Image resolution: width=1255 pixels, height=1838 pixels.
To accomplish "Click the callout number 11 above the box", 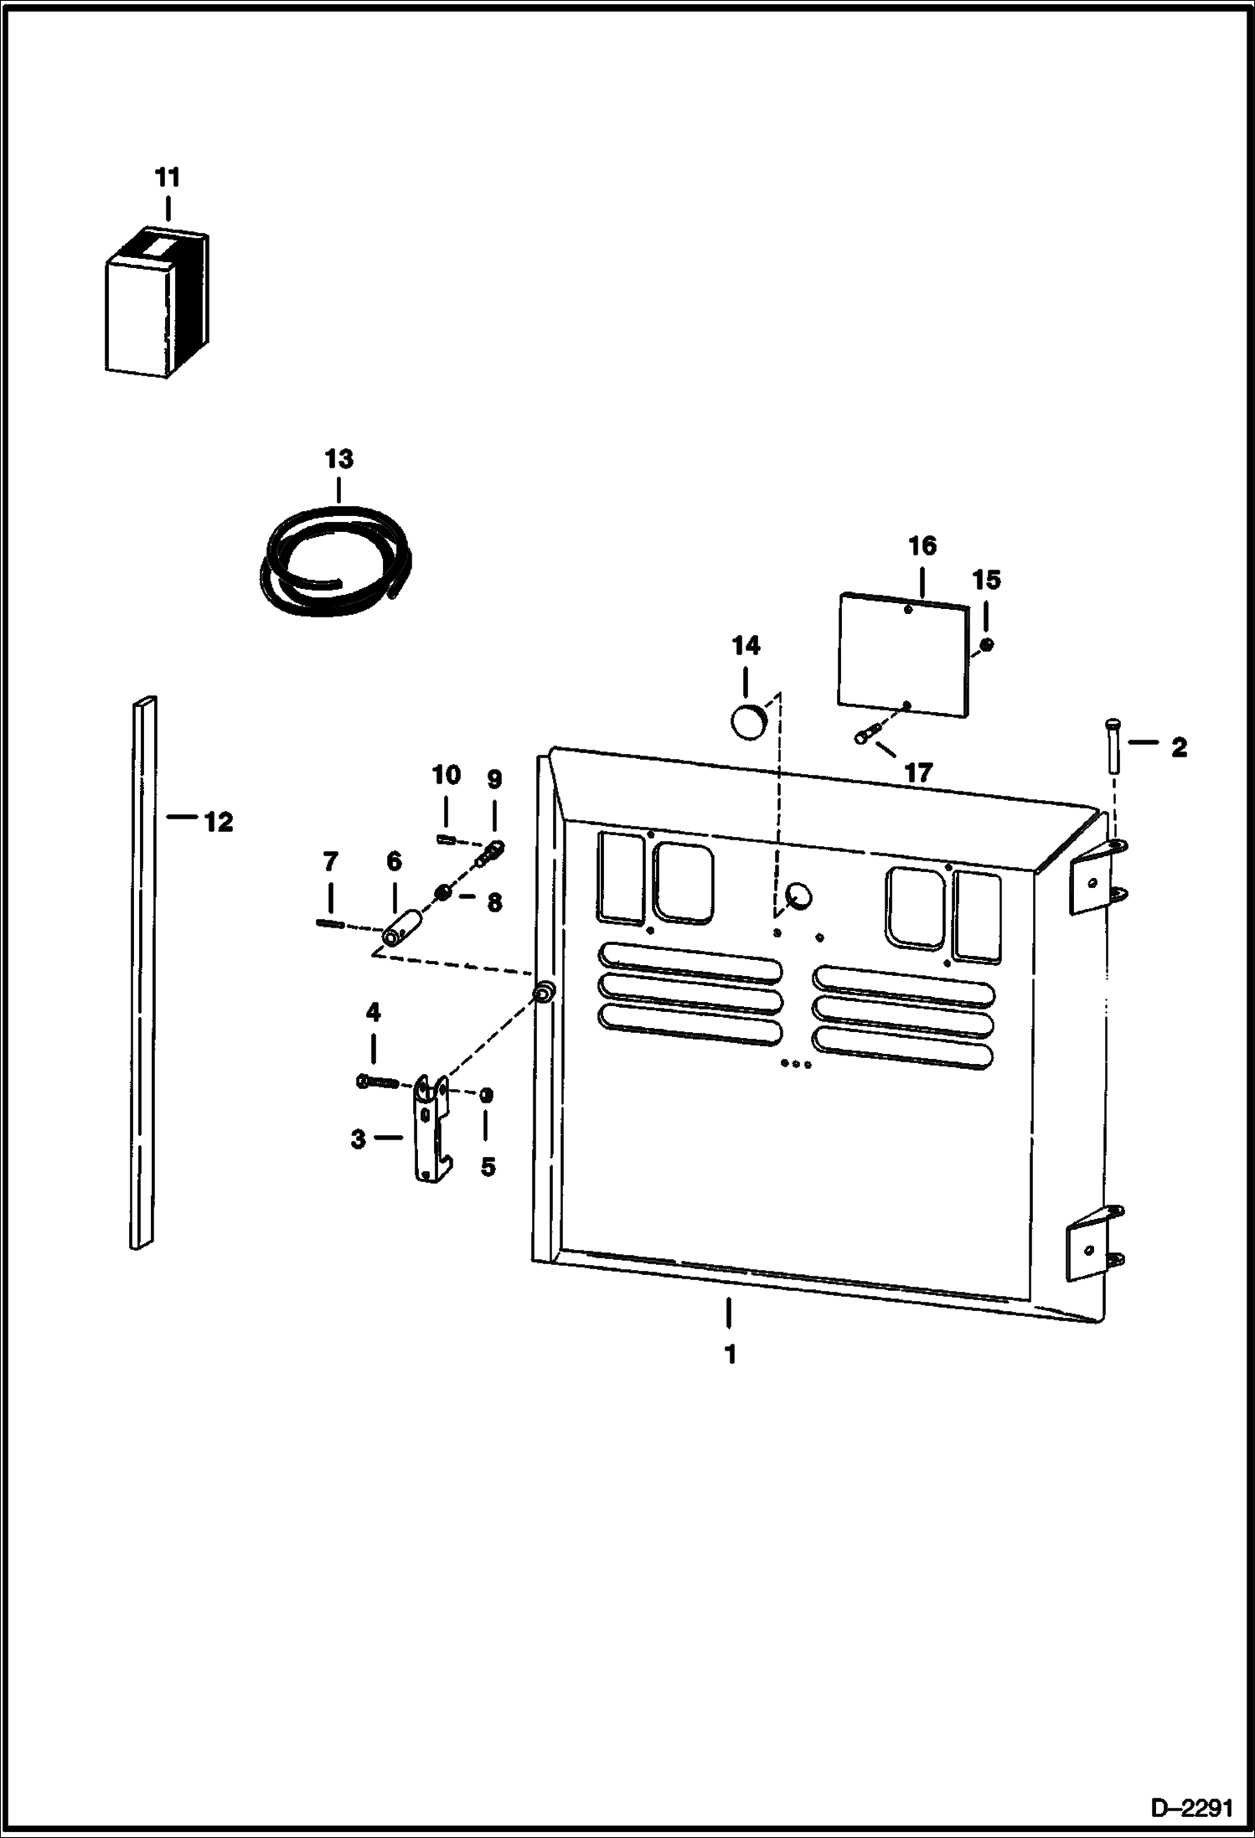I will coord(168,178).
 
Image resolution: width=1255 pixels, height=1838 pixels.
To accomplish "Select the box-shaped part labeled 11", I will coord(155,306).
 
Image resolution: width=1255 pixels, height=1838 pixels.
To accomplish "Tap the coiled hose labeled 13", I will coord(335,557).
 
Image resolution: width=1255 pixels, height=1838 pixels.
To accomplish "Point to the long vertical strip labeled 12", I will coord(143,972).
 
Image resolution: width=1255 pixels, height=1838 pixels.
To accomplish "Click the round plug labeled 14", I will coord(748,721).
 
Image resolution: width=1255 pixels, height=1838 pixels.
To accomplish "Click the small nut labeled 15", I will coord(987,643).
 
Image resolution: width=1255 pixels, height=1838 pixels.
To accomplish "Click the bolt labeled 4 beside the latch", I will coord(377,1082).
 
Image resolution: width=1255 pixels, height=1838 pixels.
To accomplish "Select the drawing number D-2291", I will coord(1192,1810).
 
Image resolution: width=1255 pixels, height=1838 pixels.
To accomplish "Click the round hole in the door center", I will coord(800,897).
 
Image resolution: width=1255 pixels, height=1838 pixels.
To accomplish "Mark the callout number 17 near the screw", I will coord(918,772).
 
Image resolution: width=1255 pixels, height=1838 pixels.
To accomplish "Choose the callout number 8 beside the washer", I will coord(494,902).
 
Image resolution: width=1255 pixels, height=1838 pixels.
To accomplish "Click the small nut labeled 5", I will coord(487,1095).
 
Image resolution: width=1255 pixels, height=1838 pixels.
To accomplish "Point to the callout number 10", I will coord(446,775).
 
